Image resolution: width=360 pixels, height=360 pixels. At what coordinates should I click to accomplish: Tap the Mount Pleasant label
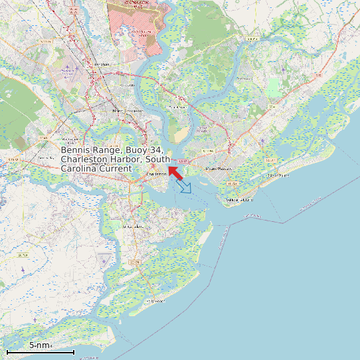click(217, 169)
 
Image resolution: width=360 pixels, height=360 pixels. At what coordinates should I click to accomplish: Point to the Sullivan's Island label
click(240, 199)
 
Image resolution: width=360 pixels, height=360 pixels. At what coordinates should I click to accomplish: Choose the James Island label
click(132, 226)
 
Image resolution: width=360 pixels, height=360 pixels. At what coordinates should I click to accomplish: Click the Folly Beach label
click(156, 300)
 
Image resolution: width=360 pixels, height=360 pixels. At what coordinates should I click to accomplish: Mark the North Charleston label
click(127, 110)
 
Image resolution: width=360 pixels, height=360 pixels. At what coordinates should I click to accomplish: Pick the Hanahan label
click(101, 64)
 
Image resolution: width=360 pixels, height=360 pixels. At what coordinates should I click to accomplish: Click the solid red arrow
click(175, 172)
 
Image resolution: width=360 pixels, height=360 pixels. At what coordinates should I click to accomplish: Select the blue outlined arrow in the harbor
click(185, 187)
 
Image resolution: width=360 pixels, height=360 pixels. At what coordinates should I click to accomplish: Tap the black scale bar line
click(40, 351)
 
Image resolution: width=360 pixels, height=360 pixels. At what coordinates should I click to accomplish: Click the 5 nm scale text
click(40, 345)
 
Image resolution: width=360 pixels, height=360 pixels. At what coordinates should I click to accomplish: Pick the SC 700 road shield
click(23, 255)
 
